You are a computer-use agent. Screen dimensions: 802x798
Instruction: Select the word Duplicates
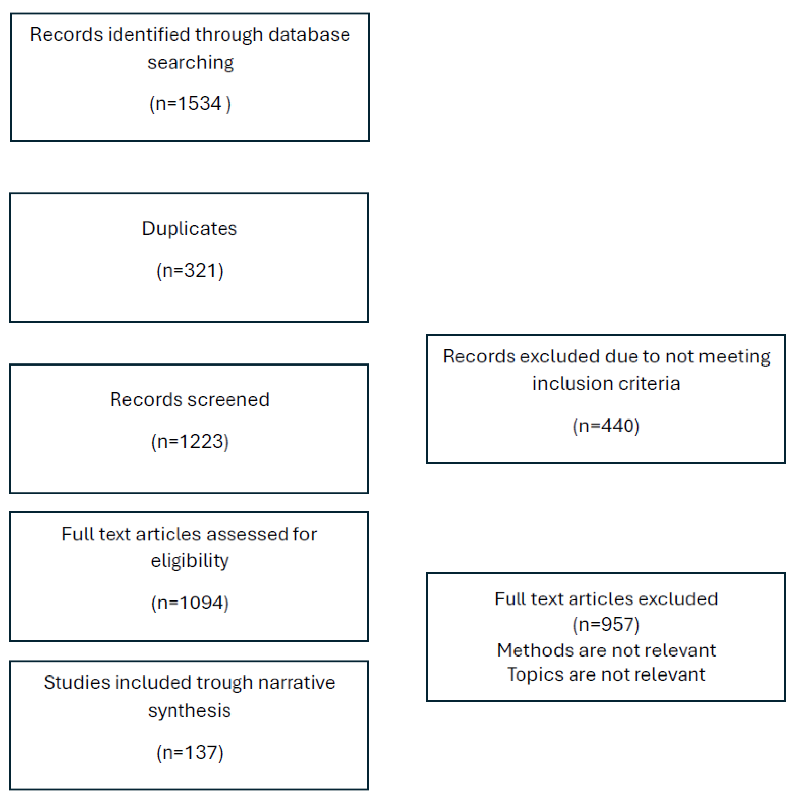[x=189, y=228]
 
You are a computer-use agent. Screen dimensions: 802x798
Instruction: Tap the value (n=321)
[x=189, y=271]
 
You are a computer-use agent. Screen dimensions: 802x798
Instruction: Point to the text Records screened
[x=189, y=399]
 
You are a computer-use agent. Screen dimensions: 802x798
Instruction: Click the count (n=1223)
[x=189, y=441]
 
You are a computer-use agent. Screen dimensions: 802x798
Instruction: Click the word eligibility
[x=189, y=561]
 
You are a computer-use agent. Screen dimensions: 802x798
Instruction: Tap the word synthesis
[x=189, y=710]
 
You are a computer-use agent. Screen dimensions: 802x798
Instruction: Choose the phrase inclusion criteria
[x=606, y=384]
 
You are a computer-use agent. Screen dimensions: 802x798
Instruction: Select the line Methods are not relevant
[x=606, y=650]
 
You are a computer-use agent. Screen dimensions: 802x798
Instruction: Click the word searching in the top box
[x=190, y=63]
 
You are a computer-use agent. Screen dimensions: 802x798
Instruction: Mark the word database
[x=309, y=35]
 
